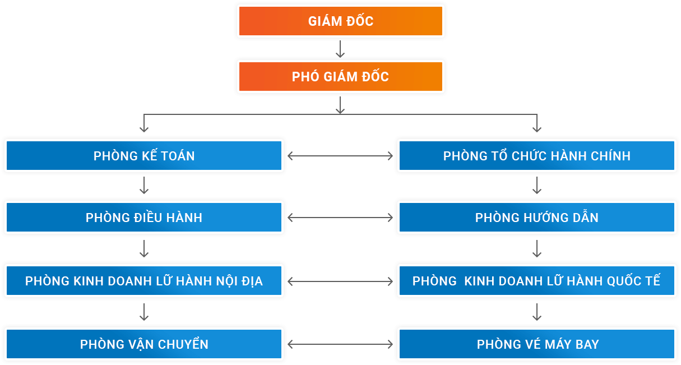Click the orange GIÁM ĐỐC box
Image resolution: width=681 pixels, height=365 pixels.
340,21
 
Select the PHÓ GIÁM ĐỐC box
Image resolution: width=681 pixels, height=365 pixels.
340,77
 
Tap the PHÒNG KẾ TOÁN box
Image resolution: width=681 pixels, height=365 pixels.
144,156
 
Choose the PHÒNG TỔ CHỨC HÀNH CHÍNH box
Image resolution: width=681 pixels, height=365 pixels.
536,156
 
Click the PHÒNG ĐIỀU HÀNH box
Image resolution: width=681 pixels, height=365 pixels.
144,218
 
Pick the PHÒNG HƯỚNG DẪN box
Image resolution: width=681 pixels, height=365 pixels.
536,218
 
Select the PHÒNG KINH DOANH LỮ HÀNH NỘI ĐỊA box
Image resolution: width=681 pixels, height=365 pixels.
144,281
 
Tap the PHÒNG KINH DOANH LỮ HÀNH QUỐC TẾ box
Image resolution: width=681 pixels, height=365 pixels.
536,281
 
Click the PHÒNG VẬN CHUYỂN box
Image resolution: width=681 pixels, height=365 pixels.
144,344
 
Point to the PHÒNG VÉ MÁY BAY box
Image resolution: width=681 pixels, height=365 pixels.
536,344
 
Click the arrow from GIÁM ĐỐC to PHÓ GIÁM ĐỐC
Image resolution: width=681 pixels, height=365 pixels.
340,49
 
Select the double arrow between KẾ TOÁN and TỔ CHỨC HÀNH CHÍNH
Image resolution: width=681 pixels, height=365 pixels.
340,156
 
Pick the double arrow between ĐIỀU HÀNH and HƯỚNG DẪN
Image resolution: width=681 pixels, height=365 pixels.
340,218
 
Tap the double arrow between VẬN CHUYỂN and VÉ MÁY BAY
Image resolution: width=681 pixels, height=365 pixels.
340,344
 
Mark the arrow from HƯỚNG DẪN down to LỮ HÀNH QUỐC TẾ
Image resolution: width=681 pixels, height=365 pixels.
537,249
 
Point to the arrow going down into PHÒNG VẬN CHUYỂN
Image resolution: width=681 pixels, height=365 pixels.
144,312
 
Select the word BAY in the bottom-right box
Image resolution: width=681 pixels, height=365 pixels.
587,344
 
